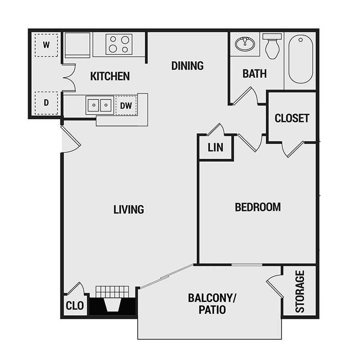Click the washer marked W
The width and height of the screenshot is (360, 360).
coord(46,45)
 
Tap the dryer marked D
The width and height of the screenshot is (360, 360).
coord(46,102)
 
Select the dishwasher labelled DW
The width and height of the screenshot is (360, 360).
coord(126,106)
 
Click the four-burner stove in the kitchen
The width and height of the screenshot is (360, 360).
coord(119,44)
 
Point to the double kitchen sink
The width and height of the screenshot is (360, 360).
coord(99,105)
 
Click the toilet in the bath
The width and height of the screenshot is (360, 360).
coord(272,46)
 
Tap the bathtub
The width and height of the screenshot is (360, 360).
coord(300,58)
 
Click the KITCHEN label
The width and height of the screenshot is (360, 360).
coord(110,76)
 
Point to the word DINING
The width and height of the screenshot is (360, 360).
coord(187,66)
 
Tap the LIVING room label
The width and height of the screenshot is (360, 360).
coord(129,209)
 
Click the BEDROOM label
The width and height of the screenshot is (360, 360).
coord(258,207)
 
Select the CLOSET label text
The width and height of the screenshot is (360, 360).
coord(292,118)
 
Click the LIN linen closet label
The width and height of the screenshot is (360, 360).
coord(216,148)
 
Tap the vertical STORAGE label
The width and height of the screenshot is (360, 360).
coord(300,291)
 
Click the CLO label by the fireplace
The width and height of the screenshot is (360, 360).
coord(75,306)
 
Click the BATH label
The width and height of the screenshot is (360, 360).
coord(255,74)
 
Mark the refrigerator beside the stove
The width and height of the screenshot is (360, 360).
coord(77,45)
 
